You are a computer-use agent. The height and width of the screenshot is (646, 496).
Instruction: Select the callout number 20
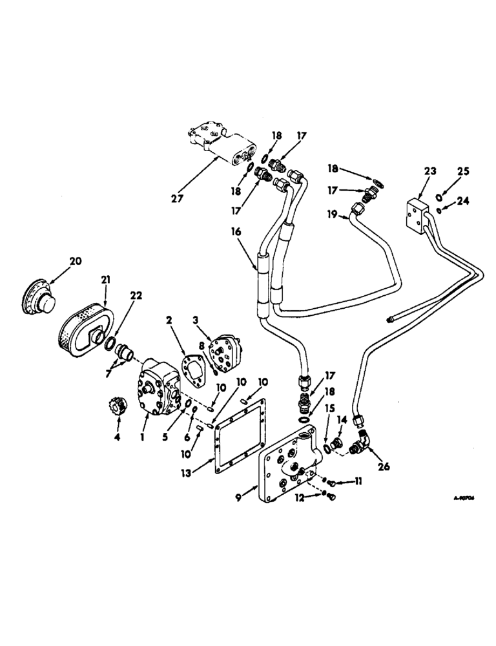click(x=76, y=261)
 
